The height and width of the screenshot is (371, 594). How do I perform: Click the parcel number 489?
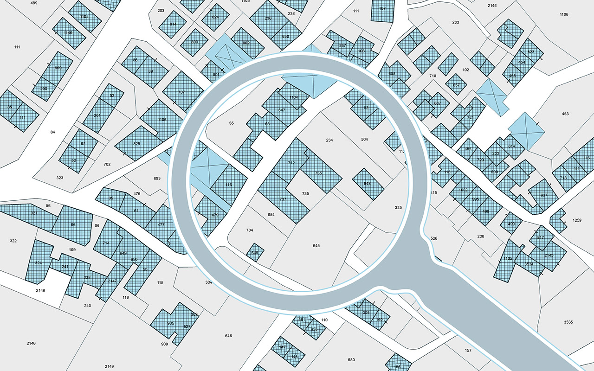coord(34,3)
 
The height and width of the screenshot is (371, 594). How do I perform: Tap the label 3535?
coord(568,322)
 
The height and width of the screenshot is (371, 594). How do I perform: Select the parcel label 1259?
coord(577,220)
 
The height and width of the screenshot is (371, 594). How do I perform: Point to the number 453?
coord(565,114)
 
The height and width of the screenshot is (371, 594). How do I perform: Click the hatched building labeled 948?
coord(368,184)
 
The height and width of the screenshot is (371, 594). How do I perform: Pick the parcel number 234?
coord(329,140)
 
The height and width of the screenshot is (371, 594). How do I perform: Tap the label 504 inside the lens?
coord(364,139)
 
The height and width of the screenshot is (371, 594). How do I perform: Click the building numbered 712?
coord(291,163)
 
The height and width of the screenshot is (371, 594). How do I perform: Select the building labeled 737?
coord(283,199)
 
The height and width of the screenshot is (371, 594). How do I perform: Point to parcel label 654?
coord(271,215)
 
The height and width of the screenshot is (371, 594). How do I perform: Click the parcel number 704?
coord(250,230)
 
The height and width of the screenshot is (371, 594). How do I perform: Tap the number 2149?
coord(109,366)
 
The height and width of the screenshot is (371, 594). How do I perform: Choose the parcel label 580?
coord(351,360)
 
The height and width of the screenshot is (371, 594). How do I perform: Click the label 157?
coord(468,350)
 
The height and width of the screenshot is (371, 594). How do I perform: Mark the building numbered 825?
coord(136,144)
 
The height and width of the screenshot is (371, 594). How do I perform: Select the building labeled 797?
coord(181,92)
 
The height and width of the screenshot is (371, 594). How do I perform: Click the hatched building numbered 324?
coord(39,263)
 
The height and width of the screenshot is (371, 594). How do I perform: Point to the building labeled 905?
coord(170,323)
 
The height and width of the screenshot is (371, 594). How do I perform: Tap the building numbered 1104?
coord(293,97)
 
